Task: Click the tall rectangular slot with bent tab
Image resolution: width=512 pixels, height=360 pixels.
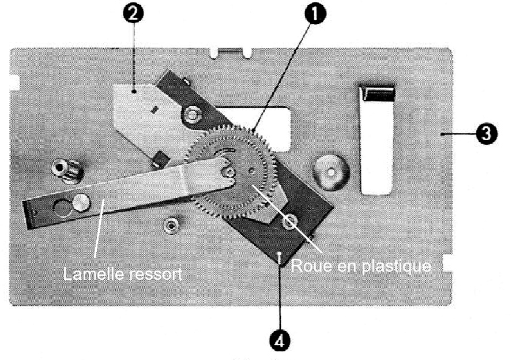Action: (x=377, y=141)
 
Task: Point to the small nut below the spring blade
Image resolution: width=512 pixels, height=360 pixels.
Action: (x=170, y=224)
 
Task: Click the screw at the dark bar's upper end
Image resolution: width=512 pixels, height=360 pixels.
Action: (x=190, y=115)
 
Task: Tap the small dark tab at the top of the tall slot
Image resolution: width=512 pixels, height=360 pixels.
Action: (x=377, y=92)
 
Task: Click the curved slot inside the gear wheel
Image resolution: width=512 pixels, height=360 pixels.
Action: (x=221, y=152)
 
